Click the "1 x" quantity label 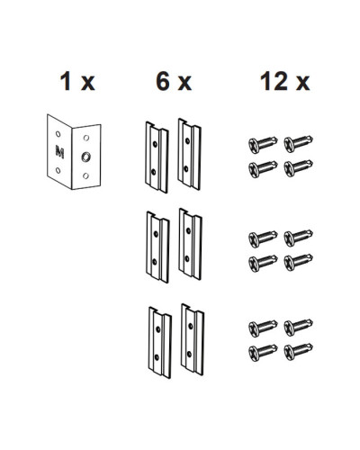[77, 81]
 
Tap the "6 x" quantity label [174, 81]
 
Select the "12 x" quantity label [284, 81]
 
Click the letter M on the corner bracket [59, 152]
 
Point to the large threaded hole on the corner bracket [85, 157]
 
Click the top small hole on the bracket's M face [58, 134]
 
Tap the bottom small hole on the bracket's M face [58, 171]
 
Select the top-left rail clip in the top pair [157, 157]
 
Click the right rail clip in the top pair [189, 154]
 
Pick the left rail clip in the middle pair [157, 247]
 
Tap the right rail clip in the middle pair [190, 244]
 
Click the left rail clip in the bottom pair [160, 342]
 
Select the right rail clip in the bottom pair [193, 339]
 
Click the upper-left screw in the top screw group [263, 144]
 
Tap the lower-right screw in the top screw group [298, 168]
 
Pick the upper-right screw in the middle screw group [298, 238]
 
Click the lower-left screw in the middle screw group [263, 263]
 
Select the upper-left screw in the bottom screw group [263, 328]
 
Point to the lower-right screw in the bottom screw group [298, 352]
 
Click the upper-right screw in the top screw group [298, 144]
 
